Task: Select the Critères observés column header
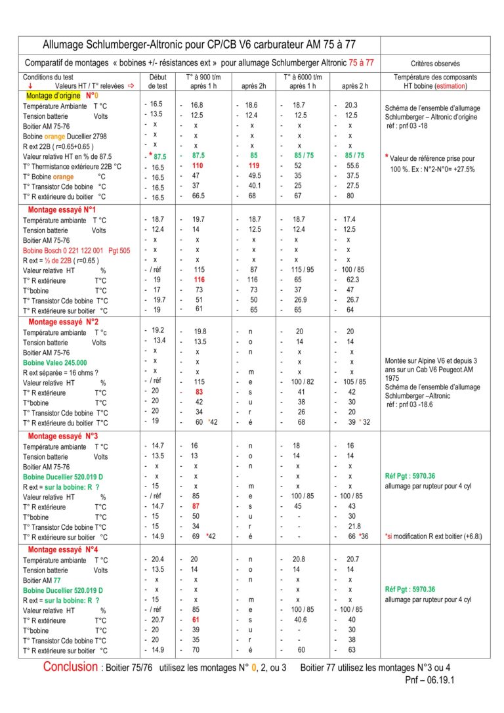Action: click(x=435, y=64)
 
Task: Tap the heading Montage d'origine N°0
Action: click(x=60, y=95)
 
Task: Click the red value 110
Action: click(x=197, y=166)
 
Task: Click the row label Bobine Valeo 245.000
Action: click(x=54, y=362)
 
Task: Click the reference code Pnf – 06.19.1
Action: click(x=429, y=681)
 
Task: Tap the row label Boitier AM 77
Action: click(x=42, y=580)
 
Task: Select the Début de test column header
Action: click(x=158, y=81)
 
